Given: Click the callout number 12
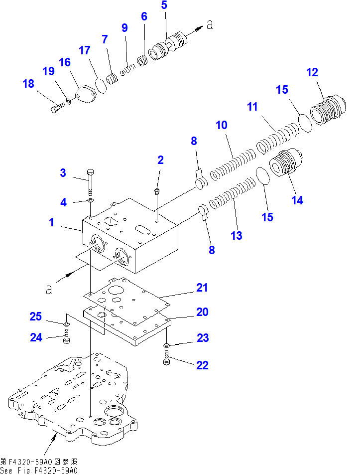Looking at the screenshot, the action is (312, 72).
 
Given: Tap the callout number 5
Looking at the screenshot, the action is (164, 5).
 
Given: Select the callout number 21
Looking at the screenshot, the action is (202, 288).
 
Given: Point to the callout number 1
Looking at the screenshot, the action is (52, 222).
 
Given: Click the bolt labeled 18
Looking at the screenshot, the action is (58, 108).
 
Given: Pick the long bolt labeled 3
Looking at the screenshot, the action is (91, 182).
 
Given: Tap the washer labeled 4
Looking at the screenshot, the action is (91, 200).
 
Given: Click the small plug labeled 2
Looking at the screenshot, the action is (157, 191).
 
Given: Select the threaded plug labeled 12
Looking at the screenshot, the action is (328, 110).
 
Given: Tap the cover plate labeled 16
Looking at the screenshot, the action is (86, 94).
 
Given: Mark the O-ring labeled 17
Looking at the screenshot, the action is (101, 86).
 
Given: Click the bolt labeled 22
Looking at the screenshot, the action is (166, 357).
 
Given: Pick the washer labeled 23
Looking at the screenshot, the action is (166, 345).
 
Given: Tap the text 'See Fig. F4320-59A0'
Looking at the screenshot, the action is (39, 471).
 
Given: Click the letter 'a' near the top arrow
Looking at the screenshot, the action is (210, 24).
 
